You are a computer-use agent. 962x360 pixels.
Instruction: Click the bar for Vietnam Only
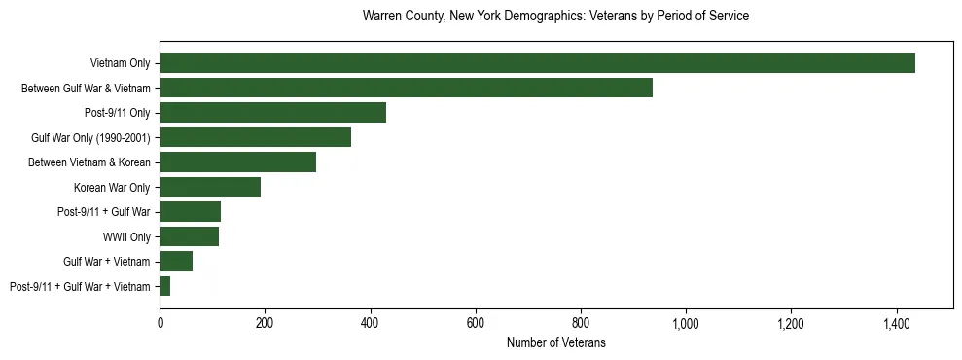click(x=537, y=63)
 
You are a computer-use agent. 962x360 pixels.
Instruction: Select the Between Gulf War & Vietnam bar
click(x=406, y=88)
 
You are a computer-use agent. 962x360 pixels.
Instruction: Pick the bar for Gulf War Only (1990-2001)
click(x=255, y=137)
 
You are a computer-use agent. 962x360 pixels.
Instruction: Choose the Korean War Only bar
click(x=210, y=187)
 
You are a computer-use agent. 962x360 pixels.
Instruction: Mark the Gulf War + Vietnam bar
click(x=176, y=261)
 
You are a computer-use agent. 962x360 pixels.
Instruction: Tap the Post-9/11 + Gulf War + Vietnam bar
click(x=165, y=286)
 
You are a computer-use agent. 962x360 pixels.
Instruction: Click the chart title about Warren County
click(x=555, y=17)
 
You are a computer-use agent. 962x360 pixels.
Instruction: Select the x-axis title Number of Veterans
click(x=555, y=342)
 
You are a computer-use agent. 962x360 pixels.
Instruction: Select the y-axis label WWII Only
click(x=126, y=236)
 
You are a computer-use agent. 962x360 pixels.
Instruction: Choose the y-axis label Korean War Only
click(x=112, y=187)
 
